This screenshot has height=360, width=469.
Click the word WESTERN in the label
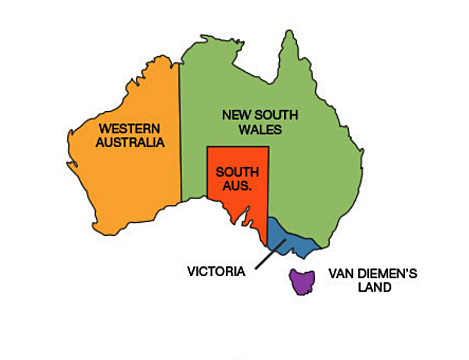[x=129, y=128]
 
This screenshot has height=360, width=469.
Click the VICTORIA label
[x=216, y=270]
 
